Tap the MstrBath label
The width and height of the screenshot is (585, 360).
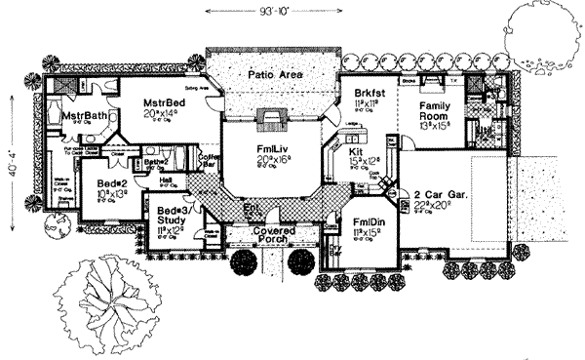point(85,116)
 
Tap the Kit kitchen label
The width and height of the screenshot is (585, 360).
point(356,154)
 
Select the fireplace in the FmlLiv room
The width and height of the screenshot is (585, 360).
point(270,120)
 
